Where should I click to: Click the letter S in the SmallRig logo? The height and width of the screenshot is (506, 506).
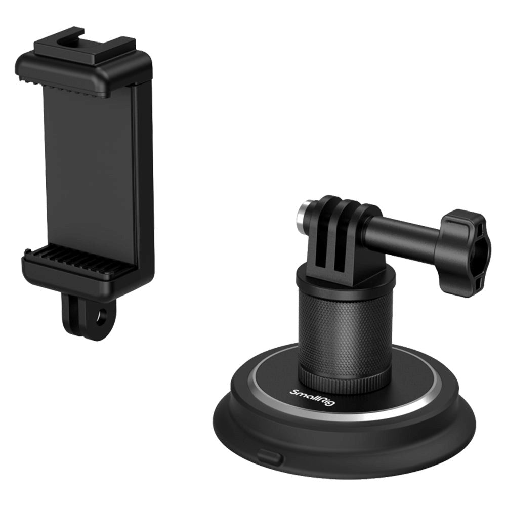tap(294, 391)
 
